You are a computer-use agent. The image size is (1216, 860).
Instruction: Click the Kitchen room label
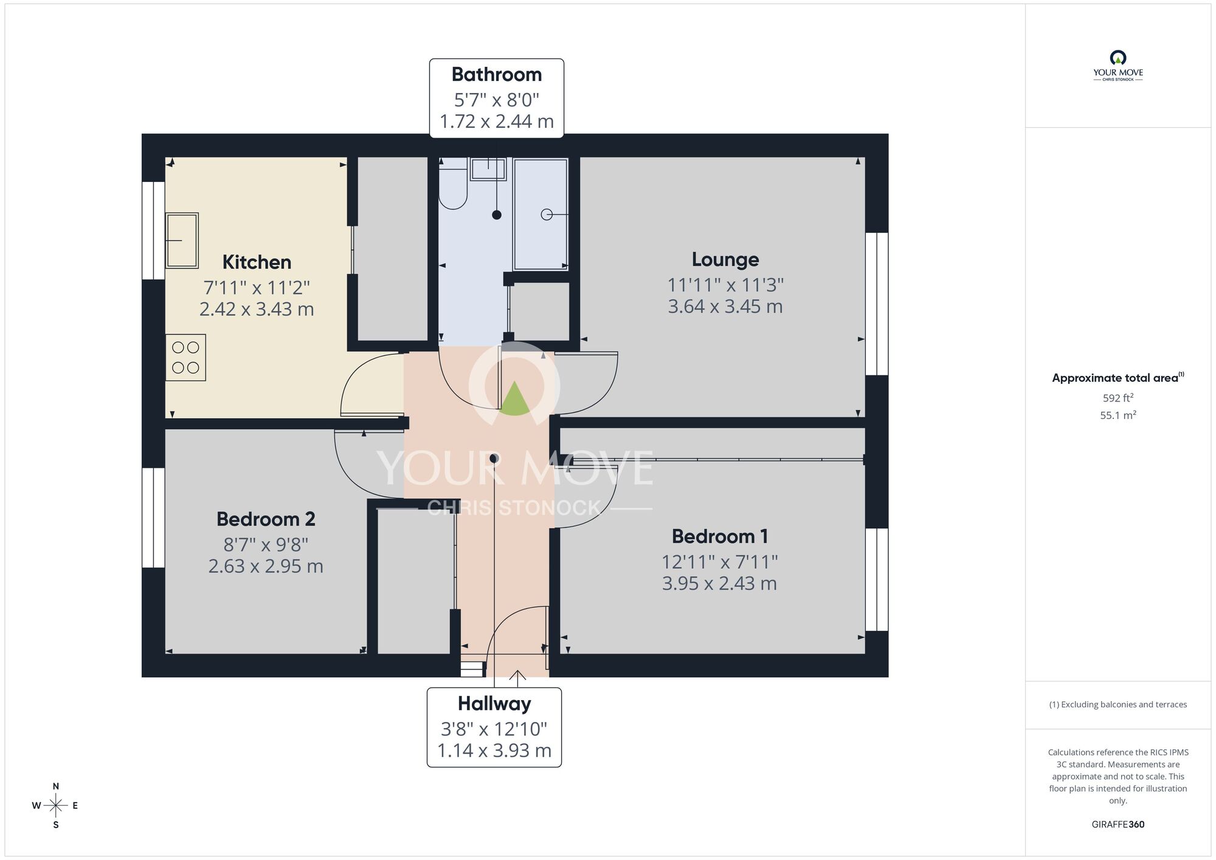click(257, 262)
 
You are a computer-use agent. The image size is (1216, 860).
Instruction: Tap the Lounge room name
click(725, 260)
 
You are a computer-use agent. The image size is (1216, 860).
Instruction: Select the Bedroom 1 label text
click(719, 536)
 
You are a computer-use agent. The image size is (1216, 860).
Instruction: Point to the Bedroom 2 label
click(266, 519)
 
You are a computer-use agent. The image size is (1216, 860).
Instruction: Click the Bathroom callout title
click(496, 74)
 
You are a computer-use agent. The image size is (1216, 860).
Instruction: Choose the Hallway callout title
click(494, 704)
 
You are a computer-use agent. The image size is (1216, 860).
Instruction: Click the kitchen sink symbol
click(182, 240)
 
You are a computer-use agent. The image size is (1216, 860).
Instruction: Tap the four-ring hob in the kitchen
click(185, 358)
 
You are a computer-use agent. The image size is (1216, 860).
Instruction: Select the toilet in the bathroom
click(452, 186)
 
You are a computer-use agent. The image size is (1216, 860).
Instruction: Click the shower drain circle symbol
click(547, 214)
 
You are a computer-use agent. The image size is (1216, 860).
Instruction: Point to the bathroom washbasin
click(488, 168)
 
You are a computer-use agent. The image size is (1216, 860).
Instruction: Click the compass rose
click(56, 806)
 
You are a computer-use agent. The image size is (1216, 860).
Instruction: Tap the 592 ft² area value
click(1118, 398)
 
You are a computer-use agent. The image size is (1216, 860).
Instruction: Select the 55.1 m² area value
click(1118, 415)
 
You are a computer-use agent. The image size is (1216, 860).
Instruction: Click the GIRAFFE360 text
click(1118, 825)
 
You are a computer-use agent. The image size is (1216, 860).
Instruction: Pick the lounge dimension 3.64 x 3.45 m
click(725, 307)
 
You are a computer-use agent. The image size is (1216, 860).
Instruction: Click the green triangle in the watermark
click(514, 400)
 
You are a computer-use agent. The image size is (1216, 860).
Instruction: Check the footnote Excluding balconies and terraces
click(1118, 705)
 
